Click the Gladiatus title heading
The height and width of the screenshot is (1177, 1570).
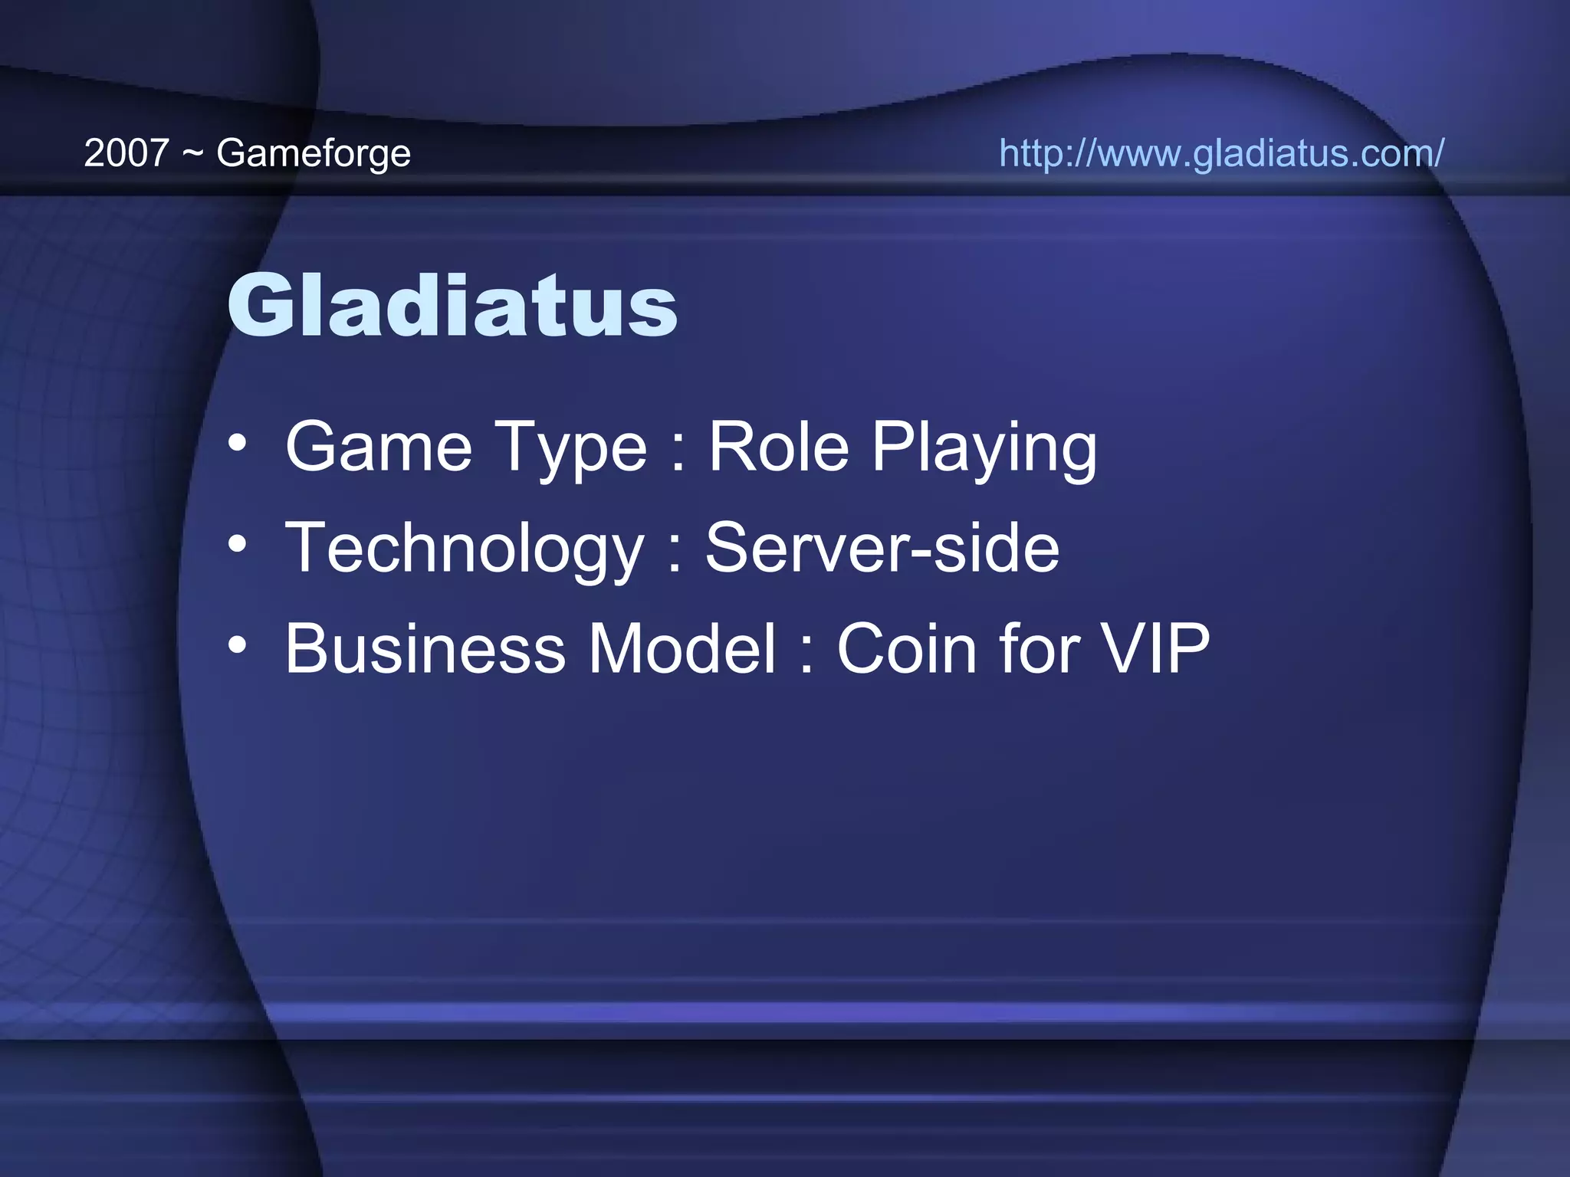pyautogui.click(x=452, y=307)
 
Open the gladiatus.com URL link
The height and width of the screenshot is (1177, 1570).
pyautogui.click(x=1221, y=153)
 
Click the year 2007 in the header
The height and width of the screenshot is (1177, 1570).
pyautogui.click(x=126, y=153)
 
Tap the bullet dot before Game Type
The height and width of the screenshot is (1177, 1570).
pyautogui.click(x=238, y=444)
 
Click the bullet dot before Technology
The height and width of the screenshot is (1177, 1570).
pyautogui.click(x=238, y=545)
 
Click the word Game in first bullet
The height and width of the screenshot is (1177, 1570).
pyautogui.click(x=379, y=448)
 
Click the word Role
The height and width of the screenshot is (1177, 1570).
pyautogui.click(x=778, y=448)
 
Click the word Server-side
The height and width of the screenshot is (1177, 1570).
pyautogui.click(x=882, y=549)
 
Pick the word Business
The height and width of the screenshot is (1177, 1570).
pyautogui.click(x=425, y=650)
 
